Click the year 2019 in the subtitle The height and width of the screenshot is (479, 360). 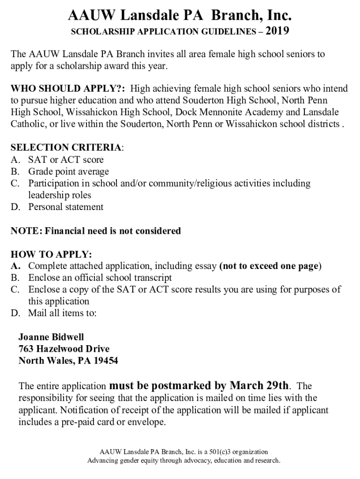click(277, 32)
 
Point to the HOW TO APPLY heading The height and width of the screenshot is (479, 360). click(51, 254)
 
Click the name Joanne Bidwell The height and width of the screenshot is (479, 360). click(51, 337)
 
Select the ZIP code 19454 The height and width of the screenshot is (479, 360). click(105, 361)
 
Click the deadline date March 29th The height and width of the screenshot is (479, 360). click(259, 386)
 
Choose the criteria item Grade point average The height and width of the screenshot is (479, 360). click(68, 172)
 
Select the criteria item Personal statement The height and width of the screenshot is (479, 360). click(66, 207)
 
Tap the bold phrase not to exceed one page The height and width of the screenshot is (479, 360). click(270, 266)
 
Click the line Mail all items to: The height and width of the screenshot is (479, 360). click(62, 313)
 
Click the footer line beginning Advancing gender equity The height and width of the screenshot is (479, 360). click(184, 461)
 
